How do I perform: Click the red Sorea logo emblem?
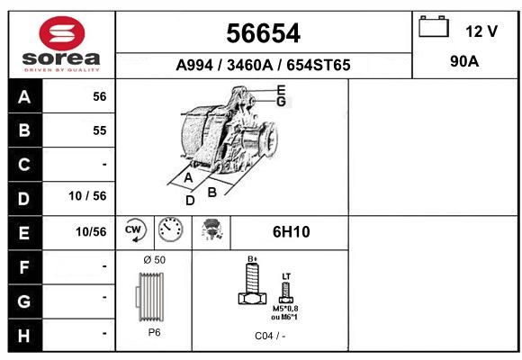pos(62,33)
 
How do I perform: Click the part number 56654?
pos(264,33)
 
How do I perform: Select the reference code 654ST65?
pos(319,65)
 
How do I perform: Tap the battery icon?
pos(434,26)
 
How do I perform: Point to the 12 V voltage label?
pos(481,31)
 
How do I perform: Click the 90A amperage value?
pos(464,61)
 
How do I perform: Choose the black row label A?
pos(24,97)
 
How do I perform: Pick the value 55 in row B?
pos(100,130)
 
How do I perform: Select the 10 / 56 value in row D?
pos(87,196)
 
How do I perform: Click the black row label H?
pos(24,336)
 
